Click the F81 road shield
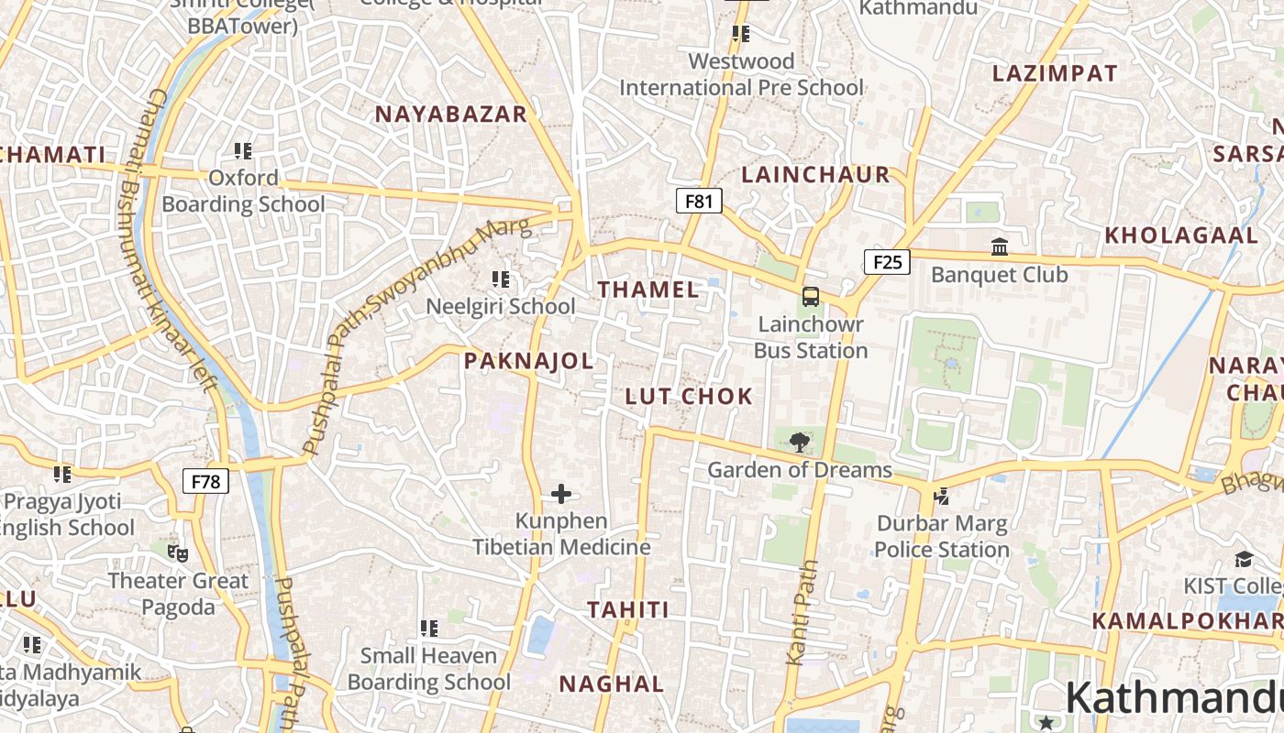click(699, 201)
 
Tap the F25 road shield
click(887, 263)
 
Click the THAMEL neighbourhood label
click(648, 290)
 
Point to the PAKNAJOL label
click(528, 361)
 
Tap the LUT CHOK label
click(689, 397)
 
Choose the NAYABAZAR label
click(450, 114)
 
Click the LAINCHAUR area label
click(815, 174)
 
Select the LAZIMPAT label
click(1055, 73)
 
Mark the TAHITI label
click(627, 609)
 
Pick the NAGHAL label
click(612, 684)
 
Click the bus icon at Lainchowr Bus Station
click(811, 296)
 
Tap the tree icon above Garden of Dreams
click(800, 443)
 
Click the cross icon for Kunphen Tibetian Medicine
click(561, 495)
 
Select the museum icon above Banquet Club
click(1000, 247)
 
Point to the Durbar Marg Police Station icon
click(941, 496)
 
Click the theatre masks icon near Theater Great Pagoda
click(178, 552)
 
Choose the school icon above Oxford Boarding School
click(243, 150)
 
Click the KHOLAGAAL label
click(1181, 235)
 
